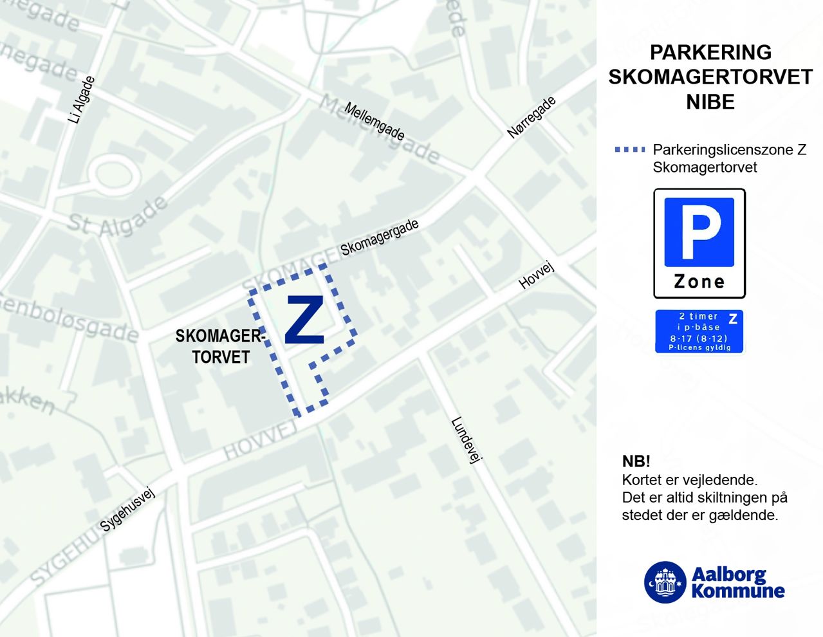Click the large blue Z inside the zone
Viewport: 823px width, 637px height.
click(x=304, y=320)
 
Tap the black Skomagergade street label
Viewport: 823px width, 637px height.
click(x=380, y=237)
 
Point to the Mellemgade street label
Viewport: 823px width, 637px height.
click(x=375, y=121)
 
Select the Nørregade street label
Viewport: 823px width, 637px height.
click(x=532, y=118)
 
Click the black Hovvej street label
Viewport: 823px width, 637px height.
click(x=536, y=276)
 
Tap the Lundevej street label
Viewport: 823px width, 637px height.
click(x=467, y=441)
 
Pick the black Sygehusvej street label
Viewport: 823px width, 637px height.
click(x=128, y=510)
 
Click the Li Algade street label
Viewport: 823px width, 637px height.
click(x=82, y=100)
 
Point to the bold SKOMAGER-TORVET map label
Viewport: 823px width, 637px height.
click(x=220, y=346)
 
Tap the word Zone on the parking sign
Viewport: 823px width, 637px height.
click(x=699, y=282)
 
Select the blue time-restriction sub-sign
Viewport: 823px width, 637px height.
click(x=699, y=331)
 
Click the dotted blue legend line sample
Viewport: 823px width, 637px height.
click(x=630, y=150)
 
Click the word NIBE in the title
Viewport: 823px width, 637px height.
click(x=710, y=102)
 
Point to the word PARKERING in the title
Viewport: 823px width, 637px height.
click(x=710, y=52)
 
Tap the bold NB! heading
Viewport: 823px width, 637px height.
click(x=636, y=461)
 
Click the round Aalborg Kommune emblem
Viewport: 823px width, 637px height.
click(x=665, y=582)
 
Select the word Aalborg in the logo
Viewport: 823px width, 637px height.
click(x=729, y=574)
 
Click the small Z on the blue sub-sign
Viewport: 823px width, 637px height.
click(x=732, y=318)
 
